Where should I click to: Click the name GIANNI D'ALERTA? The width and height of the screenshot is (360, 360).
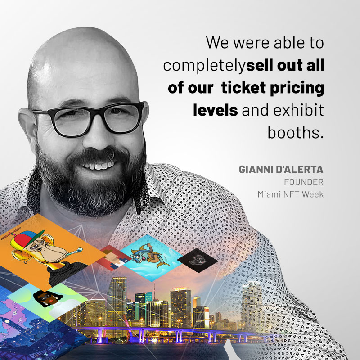(x=281, y=170)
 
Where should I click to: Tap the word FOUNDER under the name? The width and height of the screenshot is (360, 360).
(x=304, y=182)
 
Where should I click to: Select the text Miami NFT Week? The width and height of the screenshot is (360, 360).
(x=290, y=194)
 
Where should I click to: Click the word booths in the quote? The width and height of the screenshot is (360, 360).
(x=296, y=133)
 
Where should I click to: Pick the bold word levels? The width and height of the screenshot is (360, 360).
(x=216, y=110)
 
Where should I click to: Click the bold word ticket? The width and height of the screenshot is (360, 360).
(x=243, y=88)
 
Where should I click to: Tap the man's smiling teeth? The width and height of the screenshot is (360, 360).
(x=99, y=166)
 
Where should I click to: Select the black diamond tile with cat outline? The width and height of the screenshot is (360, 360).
(x=198, y=261)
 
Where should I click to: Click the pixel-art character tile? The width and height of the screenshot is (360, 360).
(x=114, y=257)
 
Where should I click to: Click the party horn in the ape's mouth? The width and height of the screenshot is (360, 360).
(x=75, y=251)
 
